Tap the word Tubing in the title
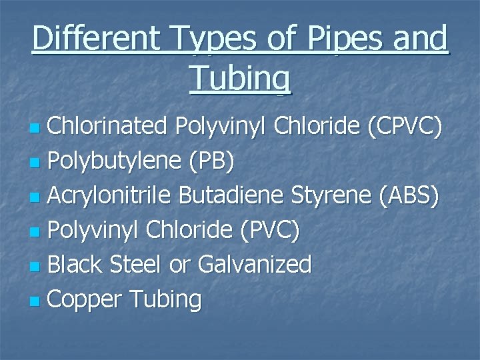coord(240,78)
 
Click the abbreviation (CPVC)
coord(404,127)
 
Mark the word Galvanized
coord(254,265)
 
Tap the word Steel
coord(137,265)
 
